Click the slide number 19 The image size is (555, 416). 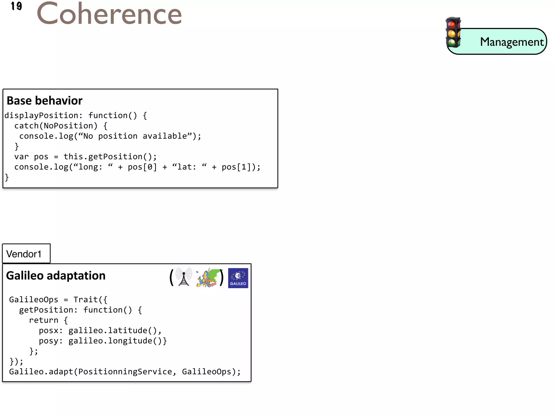click(16, 6)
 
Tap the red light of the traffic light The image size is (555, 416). click(451, 25)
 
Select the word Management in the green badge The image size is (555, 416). click(512, 42)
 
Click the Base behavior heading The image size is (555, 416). click(44, 101)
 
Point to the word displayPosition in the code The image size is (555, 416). click(41, 116)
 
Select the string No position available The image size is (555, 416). click(135, 136)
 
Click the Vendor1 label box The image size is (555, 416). click(26, 254)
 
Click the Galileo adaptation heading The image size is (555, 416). click(56, 276)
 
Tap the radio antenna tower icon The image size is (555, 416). click(184, 277)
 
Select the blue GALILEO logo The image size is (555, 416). click(238, 278)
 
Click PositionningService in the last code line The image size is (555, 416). click(125, 372)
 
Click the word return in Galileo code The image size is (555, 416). click(43, 320)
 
